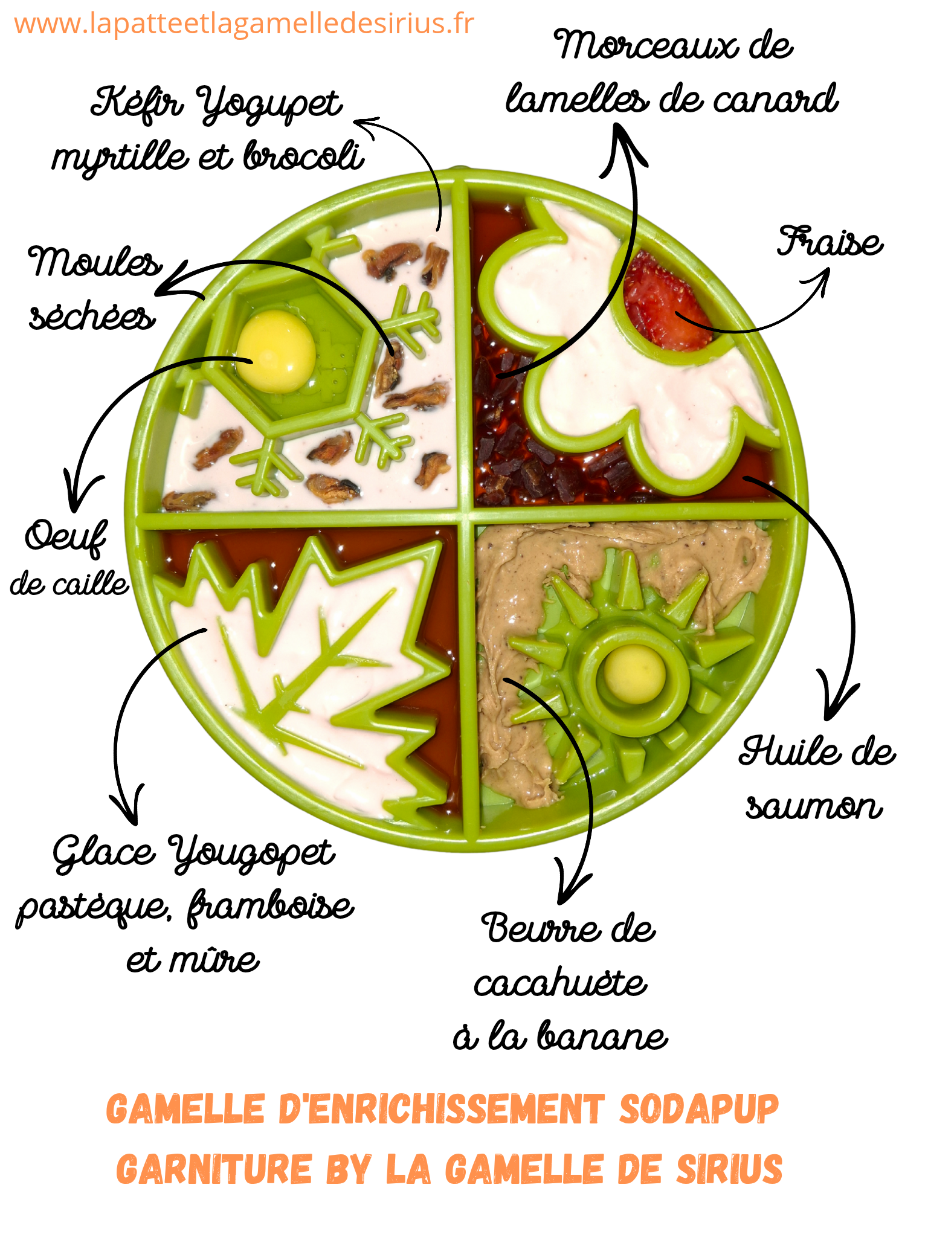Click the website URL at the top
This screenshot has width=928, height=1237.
[x=244, y=24]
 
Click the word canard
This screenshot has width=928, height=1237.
[x=776, y=100]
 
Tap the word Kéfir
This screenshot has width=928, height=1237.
[x=137, y=103]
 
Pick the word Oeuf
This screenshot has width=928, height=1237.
[x=65, y=536]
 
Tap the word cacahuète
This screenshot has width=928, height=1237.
[x=561, y=983]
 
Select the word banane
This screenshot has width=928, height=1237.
[x=603, y=1036]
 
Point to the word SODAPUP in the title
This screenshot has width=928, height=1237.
[x=699, y=1110]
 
